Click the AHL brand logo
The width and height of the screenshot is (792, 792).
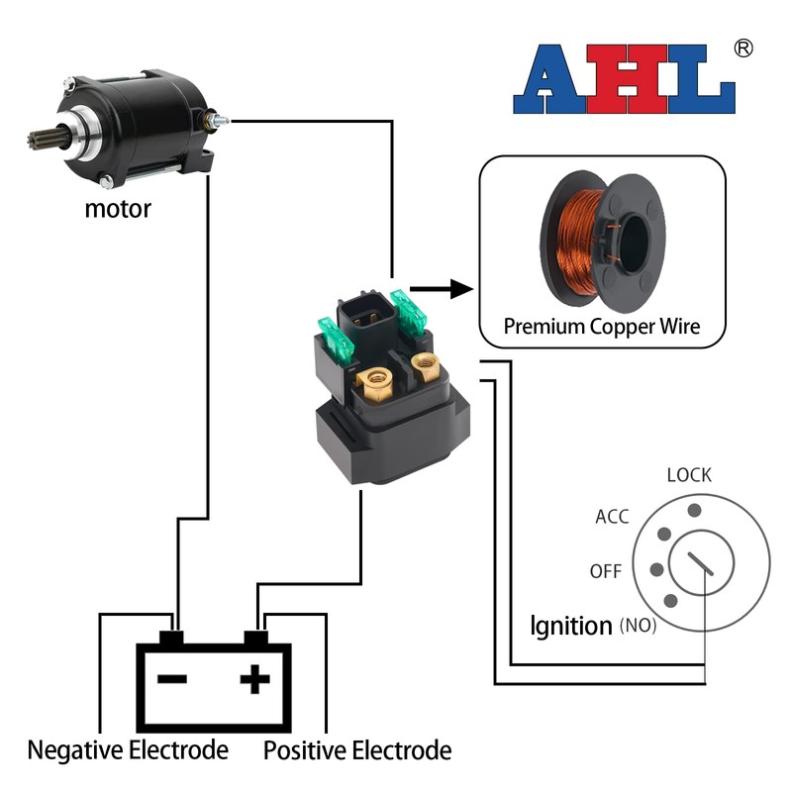(x=624, y=79)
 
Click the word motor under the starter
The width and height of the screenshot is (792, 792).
(x=118, y=209)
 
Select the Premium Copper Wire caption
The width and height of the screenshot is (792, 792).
(x=602, y=325)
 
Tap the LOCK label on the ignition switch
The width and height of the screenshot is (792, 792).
(x=689, y=475)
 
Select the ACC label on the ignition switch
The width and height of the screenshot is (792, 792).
(x=612, y=517)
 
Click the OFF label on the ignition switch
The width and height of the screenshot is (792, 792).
(x=606, y=572)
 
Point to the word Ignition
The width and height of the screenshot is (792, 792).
(x=571, y=626)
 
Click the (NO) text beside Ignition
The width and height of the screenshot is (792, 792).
(x=638, y=626)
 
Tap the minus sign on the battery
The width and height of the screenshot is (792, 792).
(x=173, y=679)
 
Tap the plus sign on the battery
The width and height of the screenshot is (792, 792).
(x=255, y=679)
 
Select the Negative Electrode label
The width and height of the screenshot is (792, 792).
(x=128, y=750)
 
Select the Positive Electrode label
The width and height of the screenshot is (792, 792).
(x=357, y=750)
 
